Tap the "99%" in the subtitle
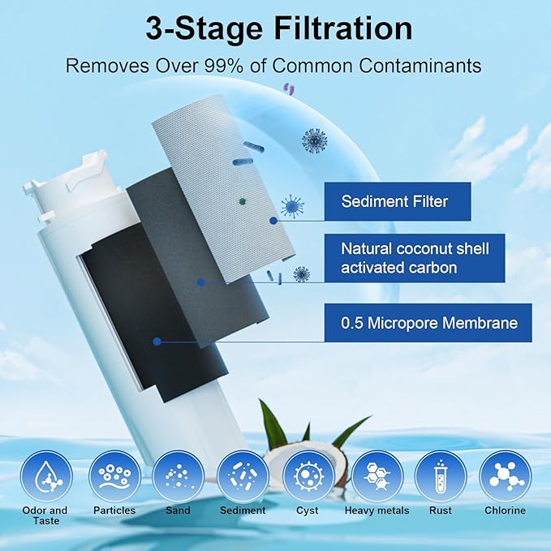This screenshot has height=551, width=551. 234,66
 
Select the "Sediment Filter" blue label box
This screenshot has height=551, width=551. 394,201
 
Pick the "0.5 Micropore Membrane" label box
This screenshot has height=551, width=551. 428,323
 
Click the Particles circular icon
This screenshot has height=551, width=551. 113,476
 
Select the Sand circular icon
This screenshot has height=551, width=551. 178,476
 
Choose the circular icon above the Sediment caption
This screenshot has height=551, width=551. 243,476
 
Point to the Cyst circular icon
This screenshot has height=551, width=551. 308,476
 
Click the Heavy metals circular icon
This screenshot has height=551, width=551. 377,476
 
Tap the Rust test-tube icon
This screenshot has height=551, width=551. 441,476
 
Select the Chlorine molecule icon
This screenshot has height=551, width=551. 505,476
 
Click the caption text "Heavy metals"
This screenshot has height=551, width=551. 377,510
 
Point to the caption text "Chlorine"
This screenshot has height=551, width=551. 505,510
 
